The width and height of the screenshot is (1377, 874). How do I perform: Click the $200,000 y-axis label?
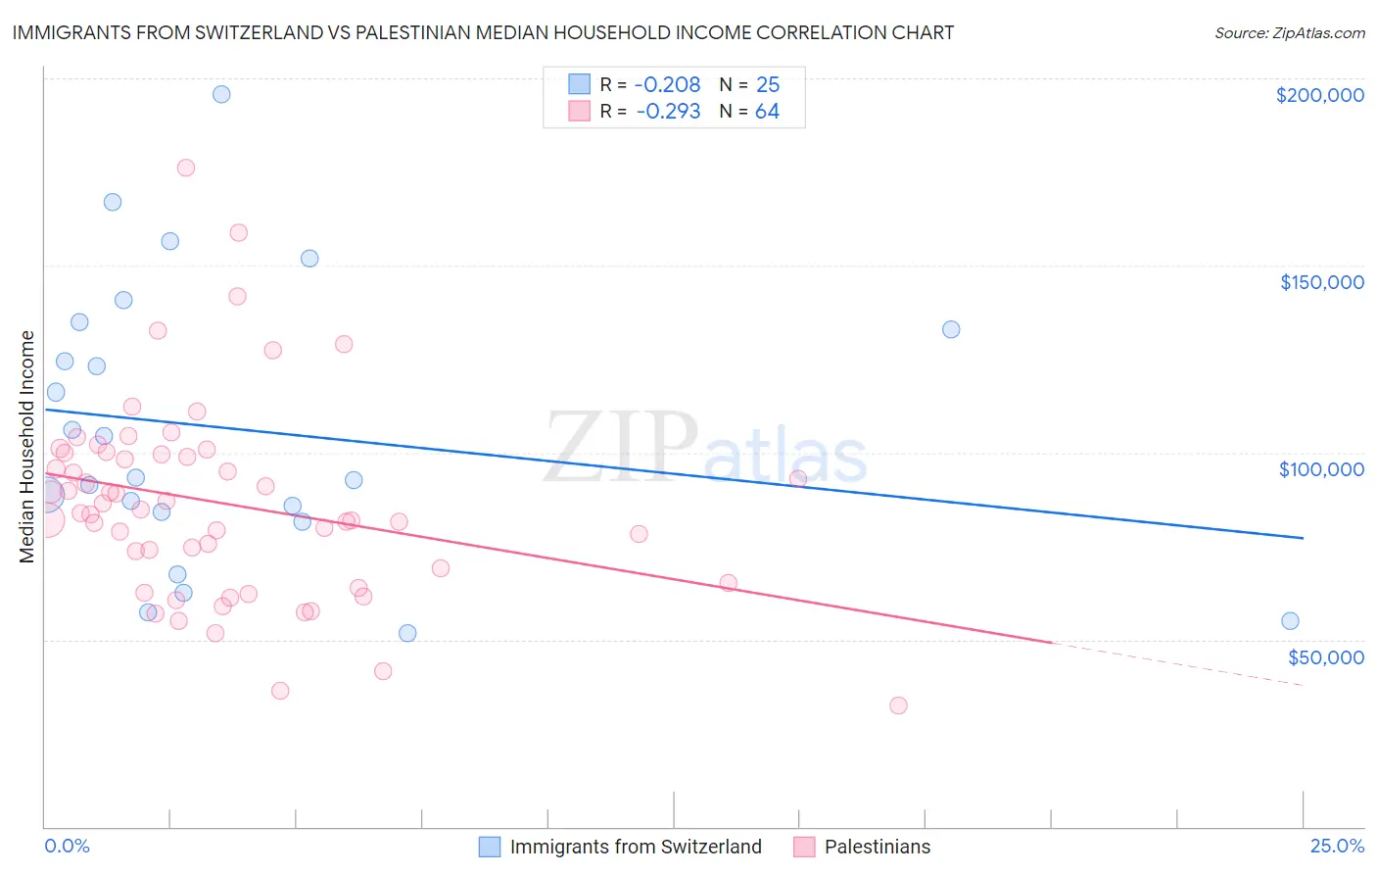coord(1319,95)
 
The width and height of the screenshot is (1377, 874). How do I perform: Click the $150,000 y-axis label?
coord(1321,282)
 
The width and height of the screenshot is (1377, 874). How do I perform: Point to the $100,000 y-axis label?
coord(1321,469)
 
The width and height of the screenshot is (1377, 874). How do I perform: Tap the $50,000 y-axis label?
coord(1325,656)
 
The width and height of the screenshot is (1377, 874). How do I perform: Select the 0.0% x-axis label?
coord(67,846)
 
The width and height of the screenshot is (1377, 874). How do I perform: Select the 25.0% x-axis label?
coord(1337,846)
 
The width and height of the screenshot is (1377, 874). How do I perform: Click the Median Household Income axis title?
coord(27,447)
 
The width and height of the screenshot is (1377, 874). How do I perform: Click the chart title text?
coord(483,32)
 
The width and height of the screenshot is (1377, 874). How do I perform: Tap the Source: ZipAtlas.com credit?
coord(1289,32)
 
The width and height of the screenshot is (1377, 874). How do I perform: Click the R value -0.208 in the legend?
coord(667,84)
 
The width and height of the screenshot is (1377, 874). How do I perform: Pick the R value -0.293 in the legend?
coord(668,111)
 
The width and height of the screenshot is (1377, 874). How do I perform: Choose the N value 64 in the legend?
coord(767,111)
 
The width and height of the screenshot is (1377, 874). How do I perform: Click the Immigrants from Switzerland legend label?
coord(636,847)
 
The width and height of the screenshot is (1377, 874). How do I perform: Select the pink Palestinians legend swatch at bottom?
coord(804,847)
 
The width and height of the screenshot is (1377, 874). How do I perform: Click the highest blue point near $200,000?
coord(221,94)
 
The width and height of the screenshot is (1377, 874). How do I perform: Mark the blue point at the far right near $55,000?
coord(1290,621)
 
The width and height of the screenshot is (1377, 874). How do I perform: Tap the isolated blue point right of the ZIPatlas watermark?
coord(951,329)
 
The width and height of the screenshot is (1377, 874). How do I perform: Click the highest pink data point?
coord(186,168)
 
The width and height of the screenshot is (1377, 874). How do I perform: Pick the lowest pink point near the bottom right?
coord(898,705)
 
